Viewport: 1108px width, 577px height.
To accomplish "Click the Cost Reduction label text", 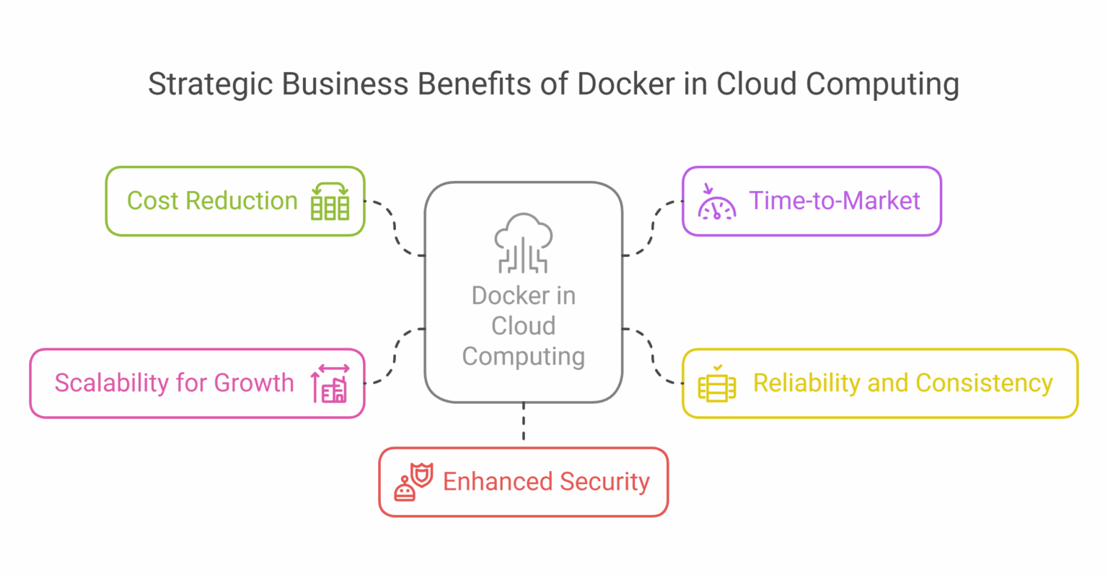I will pyautogui.click(x=212, y=201).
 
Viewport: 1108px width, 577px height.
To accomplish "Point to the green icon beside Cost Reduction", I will pyautogui.click(x=330, y=201).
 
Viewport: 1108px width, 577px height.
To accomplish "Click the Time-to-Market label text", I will pyautogui.click(x=835, y=201).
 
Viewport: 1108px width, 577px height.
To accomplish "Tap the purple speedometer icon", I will pyautogui.click(x=716, y=203).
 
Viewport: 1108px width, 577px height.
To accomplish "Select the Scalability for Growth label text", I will pyautogui.click(x=174, y=383).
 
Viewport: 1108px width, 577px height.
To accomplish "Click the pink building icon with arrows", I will pyautogui.click(x=330, y=384).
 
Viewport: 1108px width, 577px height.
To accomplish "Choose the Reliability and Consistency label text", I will pyautogui.click(x=902, y=383).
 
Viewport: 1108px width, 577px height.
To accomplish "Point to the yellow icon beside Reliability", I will pyautogui.click(x=716, y=384).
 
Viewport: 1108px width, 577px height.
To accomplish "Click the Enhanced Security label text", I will pyautogui.click(x=546, y=482).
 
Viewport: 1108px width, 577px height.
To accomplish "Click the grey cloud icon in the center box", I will pyautogui.click(x=524, y=243).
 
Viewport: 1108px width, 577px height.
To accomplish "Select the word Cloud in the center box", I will pyautogui.click(x=524, y=326).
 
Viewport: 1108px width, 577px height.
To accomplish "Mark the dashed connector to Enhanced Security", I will pyautogui.click(x=524, y=424).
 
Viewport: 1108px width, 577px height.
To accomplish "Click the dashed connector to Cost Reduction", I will pyautogui.click(x=395, y=228).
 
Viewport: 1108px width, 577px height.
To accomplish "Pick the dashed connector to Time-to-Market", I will pyautogui.click(x=653, y=228).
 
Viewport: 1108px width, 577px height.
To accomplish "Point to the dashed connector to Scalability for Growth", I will pyautogui.click(x=395, y=356).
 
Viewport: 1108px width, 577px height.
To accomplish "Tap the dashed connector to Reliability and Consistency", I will pyautogui.click(x=653, y=356).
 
